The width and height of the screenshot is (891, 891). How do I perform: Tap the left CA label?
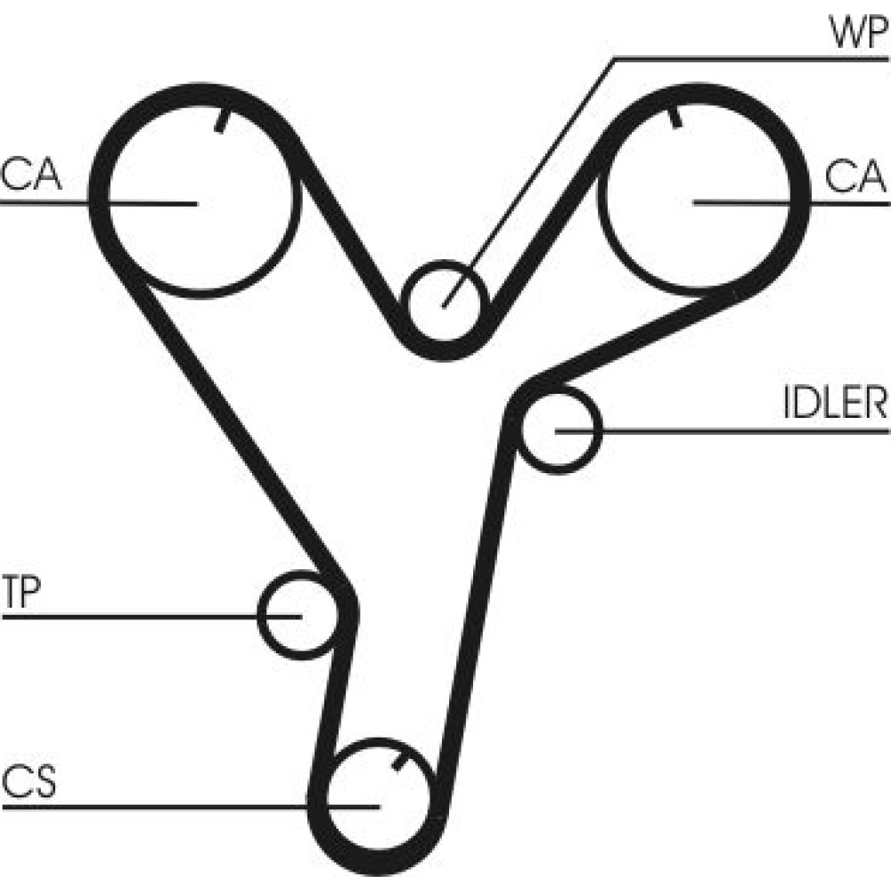point(32,176)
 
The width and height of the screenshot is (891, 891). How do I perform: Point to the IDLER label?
point(835,404)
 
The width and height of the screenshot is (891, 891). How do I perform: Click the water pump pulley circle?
point(443,304)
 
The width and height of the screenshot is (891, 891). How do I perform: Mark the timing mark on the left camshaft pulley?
point(220,121)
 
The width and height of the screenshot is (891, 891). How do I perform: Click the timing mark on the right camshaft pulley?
point(674,118)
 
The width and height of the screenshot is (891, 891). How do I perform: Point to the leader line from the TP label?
point(134,615)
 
